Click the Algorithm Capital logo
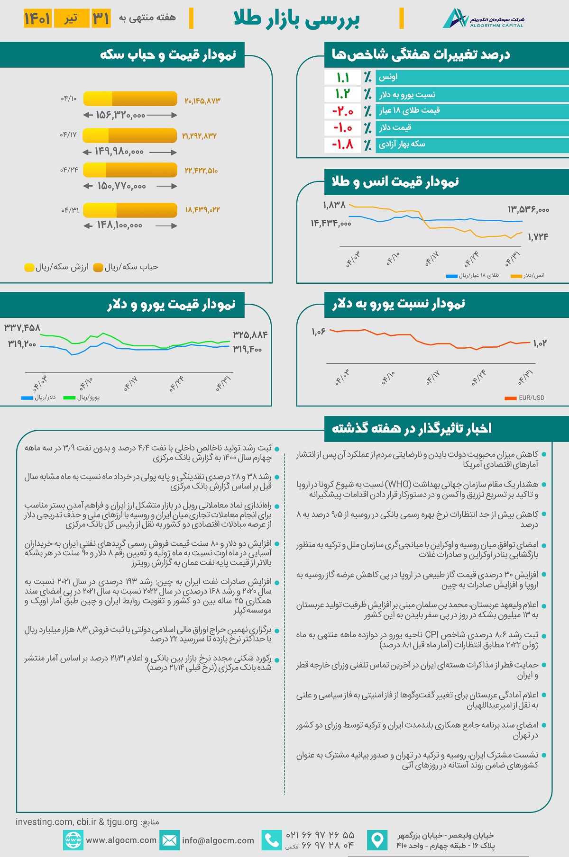[483, 18]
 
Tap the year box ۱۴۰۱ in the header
[37, 18]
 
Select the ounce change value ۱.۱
[343, 77]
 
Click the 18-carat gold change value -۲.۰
[343, 111]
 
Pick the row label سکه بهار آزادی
[402, 144]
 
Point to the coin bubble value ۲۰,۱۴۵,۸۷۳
[202, 101]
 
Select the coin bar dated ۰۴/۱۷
[129, 135]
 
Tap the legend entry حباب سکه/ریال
[126, 267]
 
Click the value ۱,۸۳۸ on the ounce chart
[334, 205]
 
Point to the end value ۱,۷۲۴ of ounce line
[538, 237]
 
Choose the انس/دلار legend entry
[528, 276]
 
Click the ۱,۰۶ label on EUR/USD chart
[319, 332]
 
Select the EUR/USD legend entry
[525, 398]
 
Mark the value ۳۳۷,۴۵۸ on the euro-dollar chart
[22, 328]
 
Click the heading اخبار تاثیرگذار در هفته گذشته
[412, 428]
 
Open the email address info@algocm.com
[218, 840]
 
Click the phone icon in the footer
[271, 840]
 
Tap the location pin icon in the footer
[377, 840]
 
